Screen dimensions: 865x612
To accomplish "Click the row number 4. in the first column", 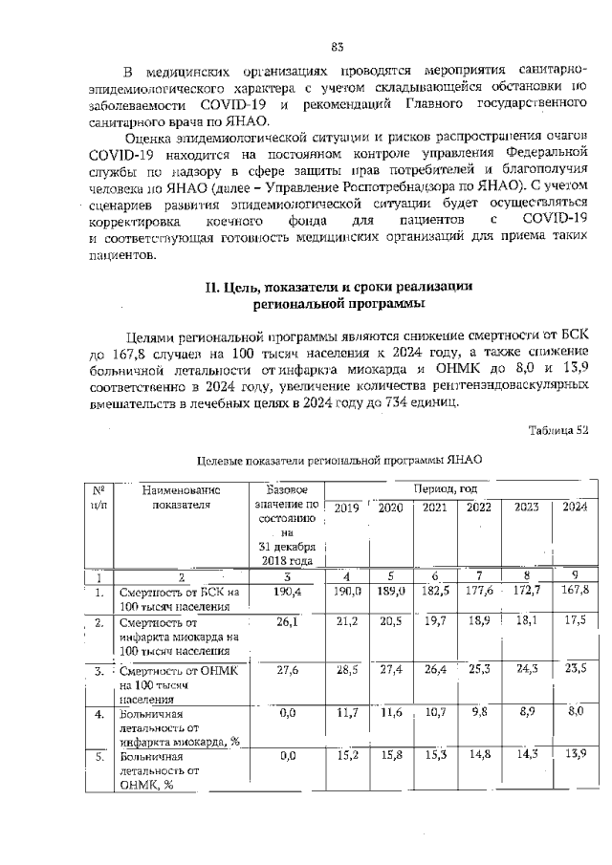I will click(98, 713).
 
